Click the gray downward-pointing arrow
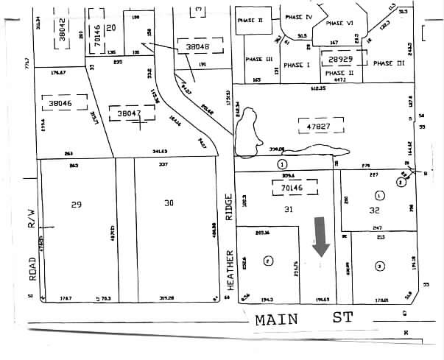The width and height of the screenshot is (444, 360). (321, 237)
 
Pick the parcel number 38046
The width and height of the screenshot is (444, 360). (60, 105)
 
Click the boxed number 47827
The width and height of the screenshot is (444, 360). (317, 127)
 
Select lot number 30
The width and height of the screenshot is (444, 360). (169, 204)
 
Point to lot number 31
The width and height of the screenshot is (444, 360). (288, 210)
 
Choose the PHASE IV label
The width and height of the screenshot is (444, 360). (298, 16)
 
